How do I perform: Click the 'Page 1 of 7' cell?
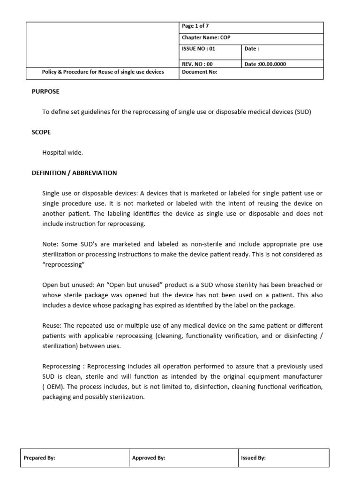click(x=251, y=27)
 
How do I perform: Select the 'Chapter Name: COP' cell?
click(x=251, y=38)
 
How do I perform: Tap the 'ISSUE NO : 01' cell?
click(x=210, y=49)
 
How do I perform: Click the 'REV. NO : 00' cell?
click(x=210, y=64)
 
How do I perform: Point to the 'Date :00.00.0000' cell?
click(x=283, y=64)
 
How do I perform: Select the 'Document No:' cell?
click(x=251, y=73)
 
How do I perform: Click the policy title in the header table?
click(x=103, y=73)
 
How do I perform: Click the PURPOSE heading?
click(x=45, y=92)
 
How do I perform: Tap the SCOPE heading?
click(x=41, y=133)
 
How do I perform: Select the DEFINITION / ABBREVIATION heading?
click(x=74, y=173)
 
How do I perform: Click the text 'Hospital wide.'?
click(x=62, y=153)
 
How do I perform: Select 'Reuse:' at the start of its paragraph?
click(x=52, y=326)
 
